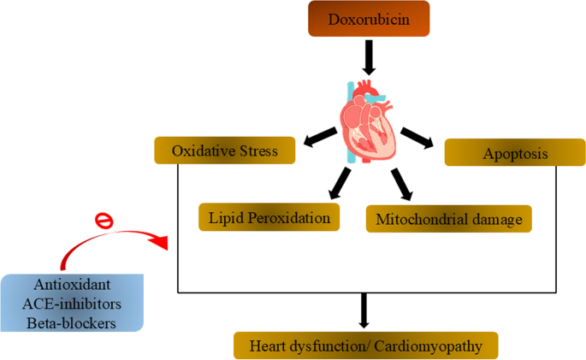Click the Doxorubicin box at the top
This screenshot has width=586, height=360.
[370, 20]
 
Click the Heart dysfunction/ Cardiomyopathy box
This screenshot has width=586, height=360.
[365, 345]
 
